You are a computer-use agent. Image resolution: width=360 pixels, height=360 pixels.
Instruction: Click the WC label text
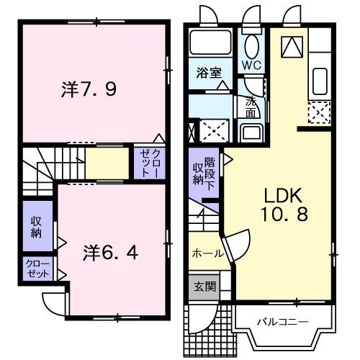click(x=251, y=64)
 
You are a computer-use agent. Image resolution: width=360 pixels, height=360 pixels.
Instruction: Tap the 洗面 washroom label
click(x=250, y=107)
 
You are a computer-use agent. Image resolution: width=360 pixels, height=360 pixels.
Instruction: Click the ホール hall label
click(x=207, y=253)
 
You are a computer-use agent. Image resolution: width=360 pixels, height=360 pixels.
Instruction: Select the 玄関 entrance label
click(x=204, y=286)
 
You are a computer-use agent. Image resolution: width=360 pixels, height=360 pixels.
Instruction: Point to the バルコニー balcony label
click(x=283, y=321)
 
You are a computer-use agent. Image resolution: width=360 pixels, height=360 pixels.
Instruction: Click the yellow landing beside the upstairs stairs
click(x=104, y=163)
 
